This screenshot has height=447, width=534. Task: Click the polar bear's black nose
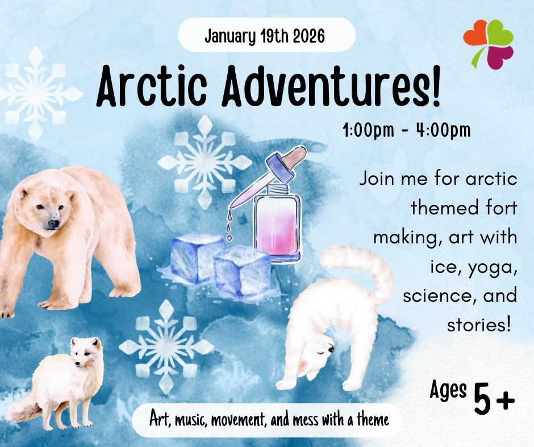pyautogui.click(x=53, y=225)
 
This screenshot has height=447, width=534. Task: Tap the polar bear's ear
pyautogui.click(x=24, y=193)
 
